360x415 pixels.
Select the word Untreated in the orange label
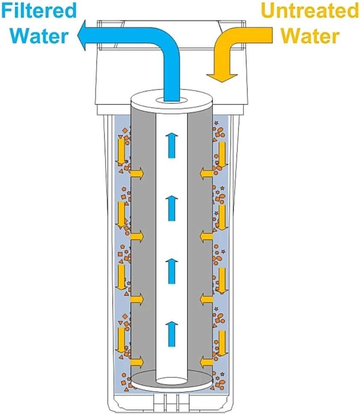[x=310, y=11]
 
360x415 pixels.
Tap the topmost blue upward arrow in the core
[x=171, y=145]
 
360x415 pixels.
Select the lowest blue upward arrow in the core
[x=171, y=333]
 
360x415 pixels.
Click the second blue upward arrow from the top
[x=171, y=208]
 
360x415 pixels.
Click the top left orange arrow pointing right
[x=137, y=173]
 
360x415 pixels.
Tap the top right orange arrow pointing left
[x=205, y=173]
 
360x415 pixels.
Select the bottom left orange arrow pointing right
[x=137, y=362]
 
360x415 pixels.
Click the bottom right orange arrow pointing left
[x=205, y=362]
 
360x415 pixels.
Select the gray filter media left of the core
[x=143, y=239]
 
